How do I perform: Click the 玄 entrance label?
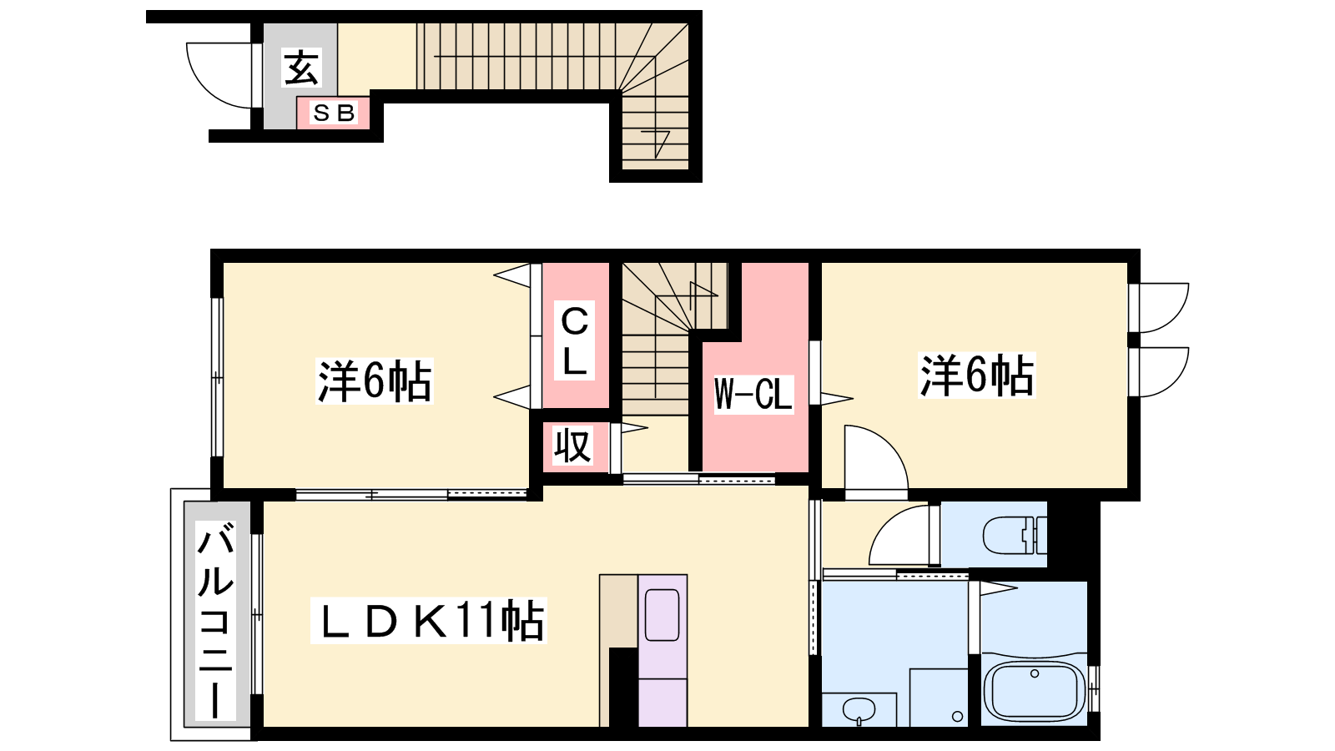point(301,68)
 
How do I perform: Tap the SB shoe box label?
point(334,113)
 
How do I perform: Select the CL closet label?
point(575,340)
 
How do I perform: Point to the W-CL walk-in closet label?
point(753,393)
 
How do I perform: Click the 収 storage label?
point(572,446)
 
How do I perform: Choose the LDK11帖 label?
point(429,621)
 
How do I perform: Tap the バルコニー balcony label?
point(216,620)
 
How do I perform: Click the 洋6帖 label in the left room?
point(375,381)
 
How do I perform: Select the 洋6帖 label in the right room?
point(977,375)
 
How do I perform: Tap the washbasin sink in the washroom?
point(859,710)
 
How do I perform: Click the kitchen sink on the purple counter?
point(662,615)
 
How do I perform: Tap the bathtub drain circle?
point(1035,673)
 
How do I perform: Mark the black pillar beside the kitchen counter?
point(623,688)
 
